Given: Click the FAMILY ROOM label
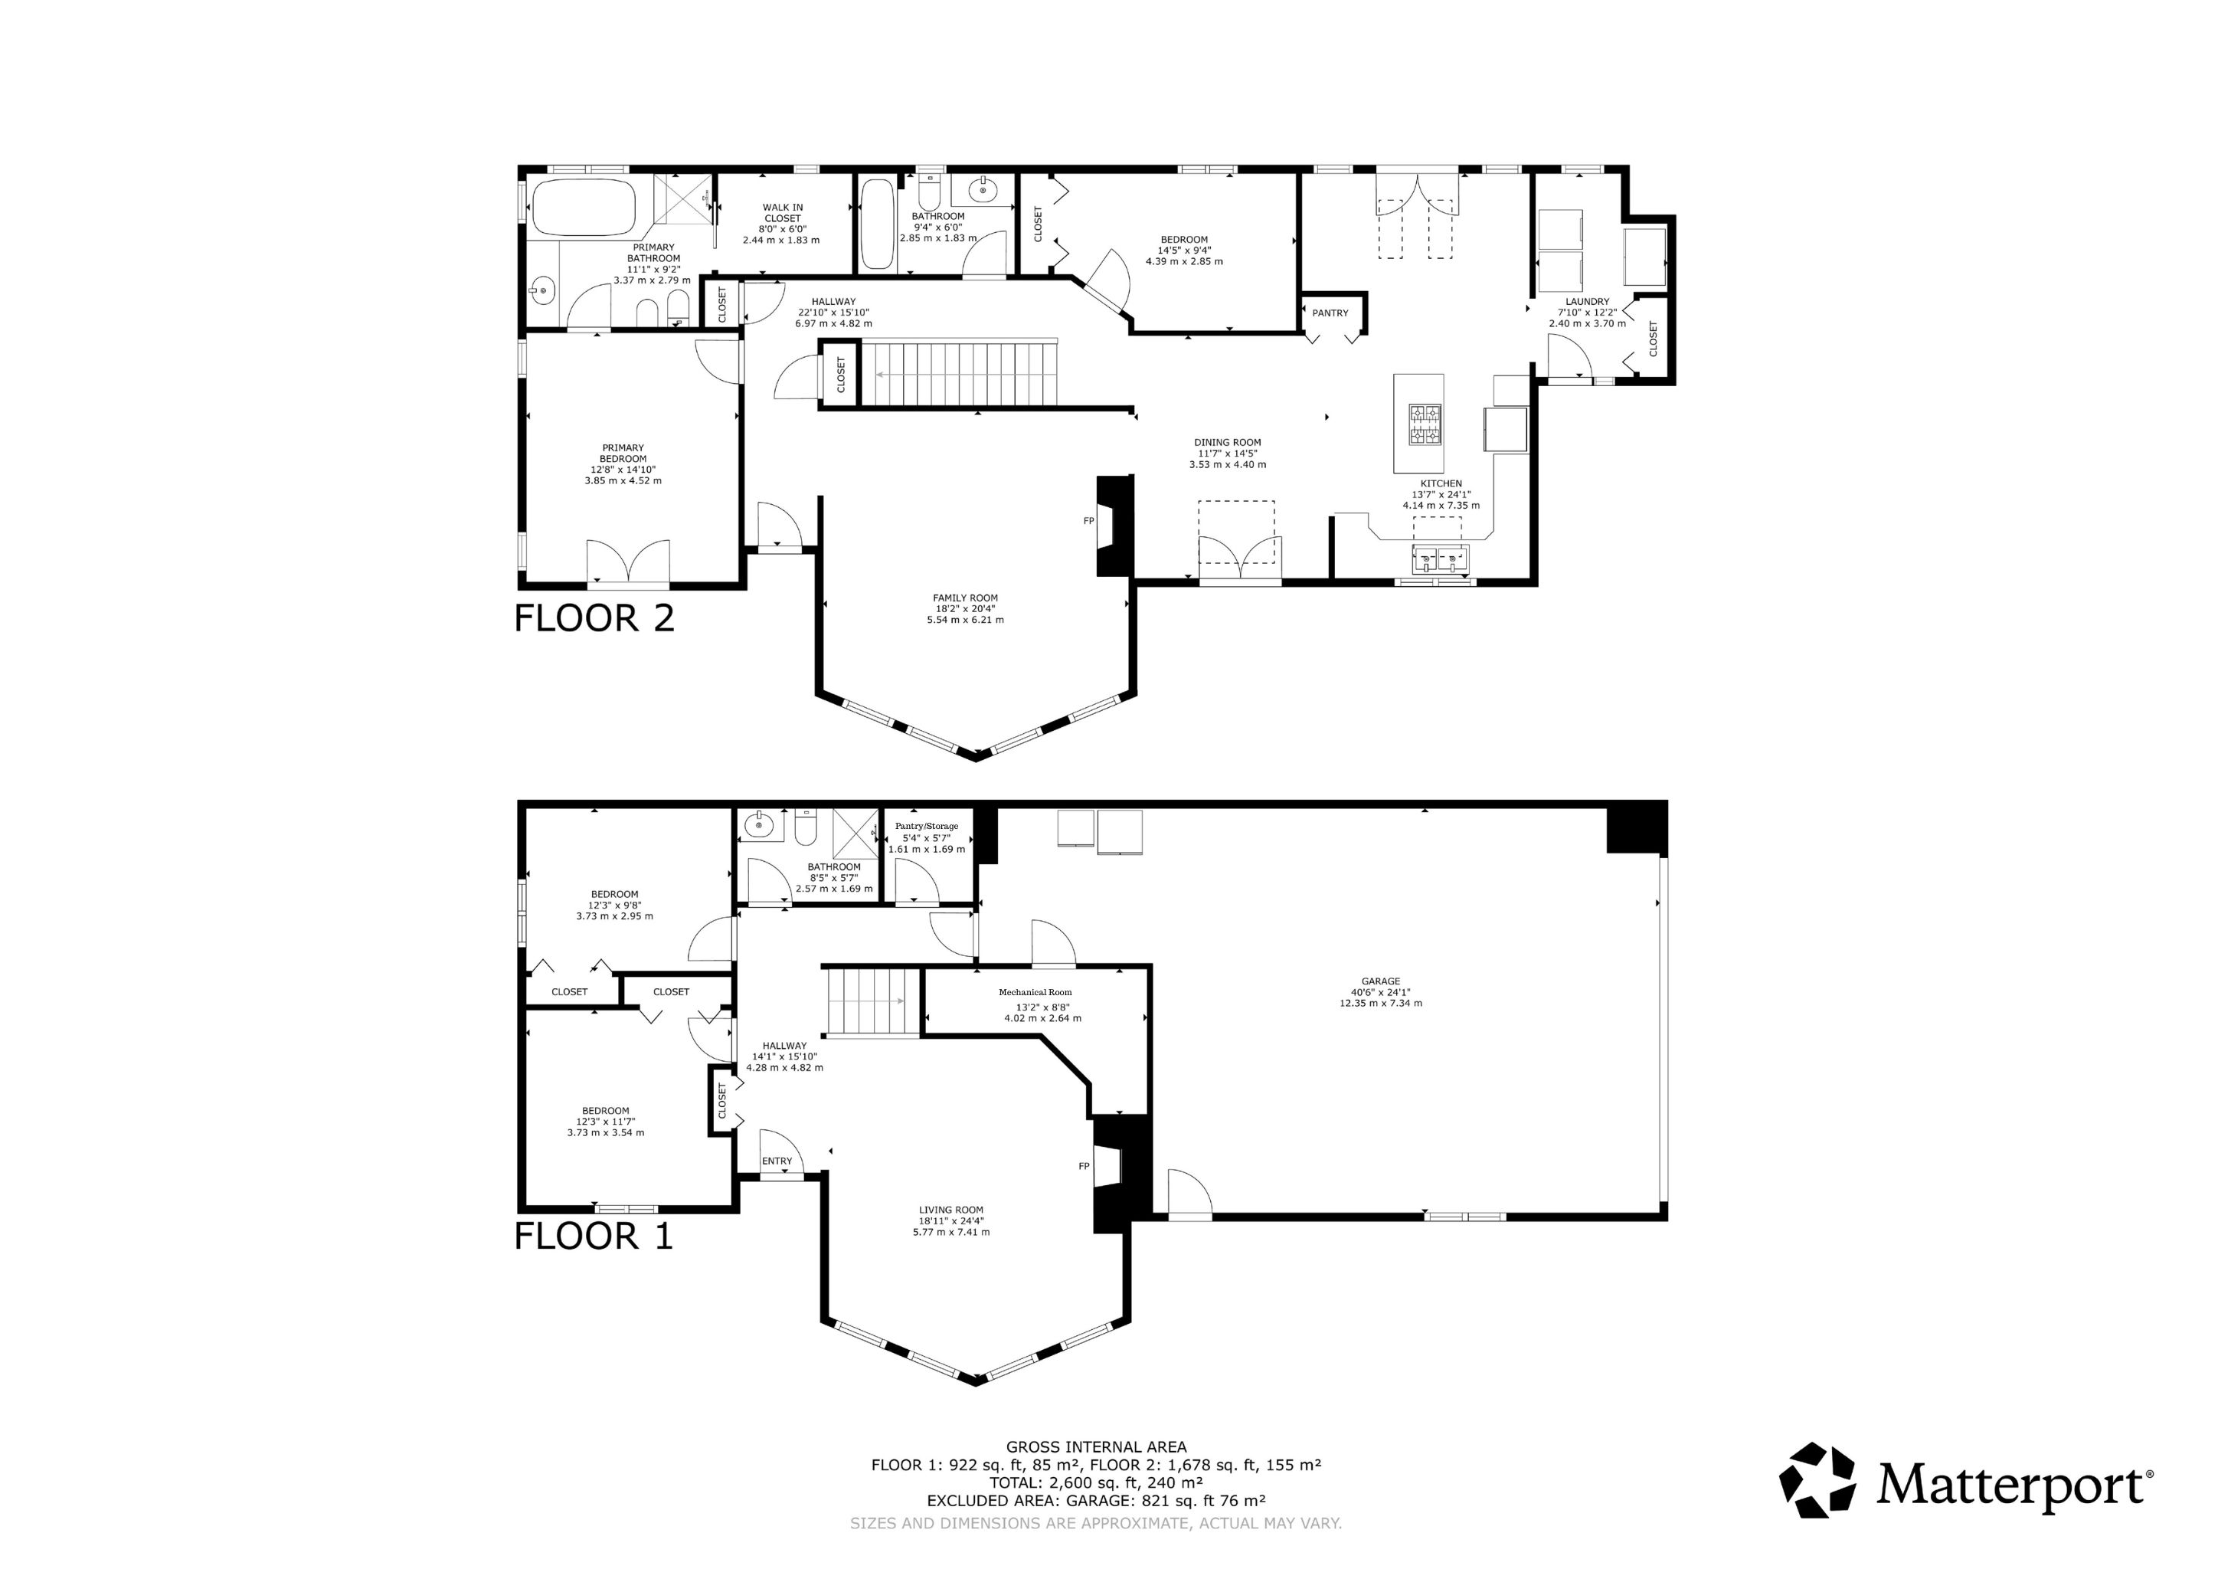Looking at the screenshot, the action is point(965,598).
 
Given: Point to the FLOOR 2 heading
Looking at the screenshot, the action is point(594,618).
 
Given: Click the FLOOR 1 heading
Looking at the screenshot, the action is point(593,1236).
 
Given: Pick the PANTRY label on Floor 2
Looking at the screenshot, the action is point(1330,313).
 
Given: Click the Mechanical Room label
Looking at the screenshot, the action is point(1035,992).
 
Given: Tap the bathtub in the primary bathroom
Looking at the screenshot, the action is point(584,207).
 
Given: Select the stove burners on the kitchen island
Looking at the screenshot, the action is point(1424,425).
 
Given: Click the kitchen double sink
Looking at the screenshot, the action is point(1441,558).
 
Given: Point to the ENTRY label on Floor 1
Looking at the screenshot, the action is point(777,1161).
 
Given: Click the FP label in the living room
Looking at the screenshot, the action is point(1084,1166).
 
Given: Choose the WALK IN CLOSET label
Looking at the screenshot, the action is point(783,212).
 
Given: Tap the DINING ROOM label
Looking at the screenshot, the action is point(1228,443).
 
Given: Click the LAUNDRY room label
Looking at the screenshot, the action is point(1587,301).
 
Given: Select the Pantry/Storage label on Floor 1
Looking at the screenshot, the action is point(927,826).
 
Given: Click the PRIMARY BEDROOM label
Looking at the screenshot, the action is point(623,453).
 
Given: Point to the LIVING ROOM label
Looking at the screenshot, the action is point(951,1210).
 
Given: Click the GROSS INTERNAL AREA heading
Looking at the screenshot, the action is point(1097,1447).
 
